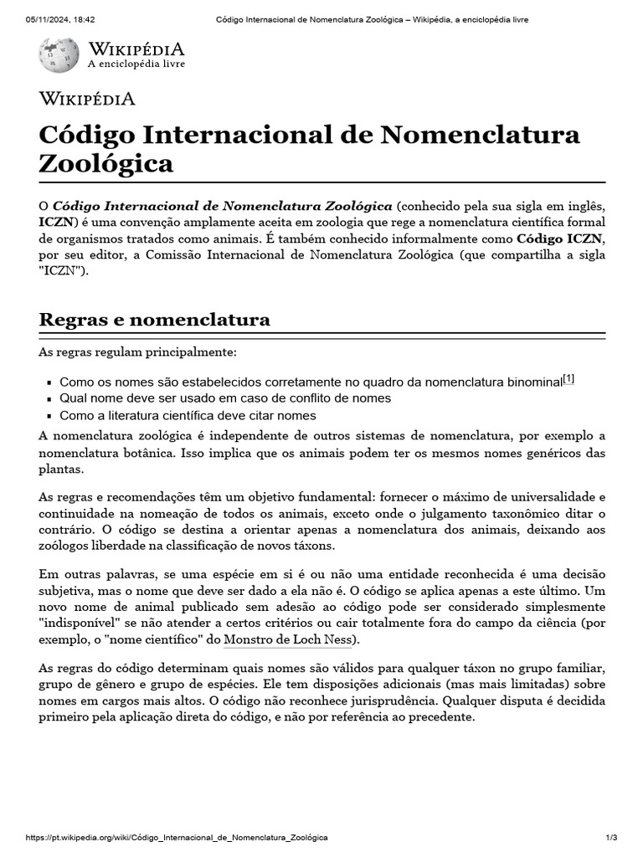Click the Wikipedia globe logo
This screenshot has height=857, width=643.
click(59, 54)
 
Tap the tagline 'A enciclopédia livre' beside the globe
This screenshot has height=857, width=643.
click(136, 64)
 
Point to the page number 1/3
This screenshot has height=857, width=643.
click(611, 838)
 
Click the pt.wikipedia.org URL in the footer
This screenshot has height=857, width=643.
click(177, 838)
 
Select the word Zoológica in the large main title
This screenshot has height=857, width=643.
click(106, 163)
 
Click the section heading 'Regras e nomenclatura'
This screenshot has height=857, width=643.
click(155, 320)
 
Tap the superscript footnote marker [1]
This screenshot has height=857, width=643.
click(568, 379)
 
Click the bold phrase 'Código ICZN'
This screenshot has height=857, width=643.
click(560, 239)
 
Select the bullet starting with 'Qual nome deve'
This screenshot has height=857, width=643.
click(224, 398)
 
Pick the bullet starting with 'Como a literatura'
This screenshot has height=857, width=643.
click(188, 416)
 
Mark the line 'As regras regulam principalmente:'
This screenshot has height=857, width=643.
click(137, 352)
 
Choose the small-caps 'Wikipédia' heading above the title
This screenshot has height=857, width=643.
click(87, 99)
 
